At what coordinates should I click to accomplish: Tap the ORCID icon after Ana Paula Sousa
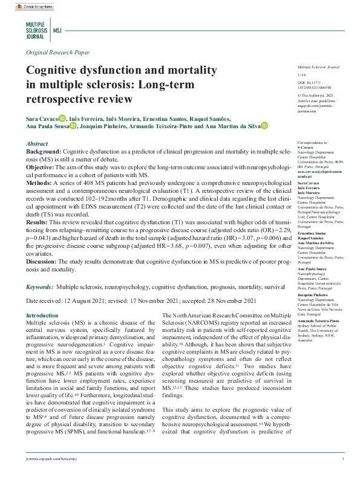coord(73,126)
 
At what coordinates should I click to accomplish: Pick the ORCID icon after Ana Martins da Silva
coord(264,126)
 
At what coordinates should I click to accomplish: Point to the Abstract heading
coord(39,143)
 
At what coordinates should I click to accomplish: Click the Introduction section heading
coord(47,316)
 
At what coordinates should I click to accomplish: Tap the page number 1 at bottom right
coord(343,459)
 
